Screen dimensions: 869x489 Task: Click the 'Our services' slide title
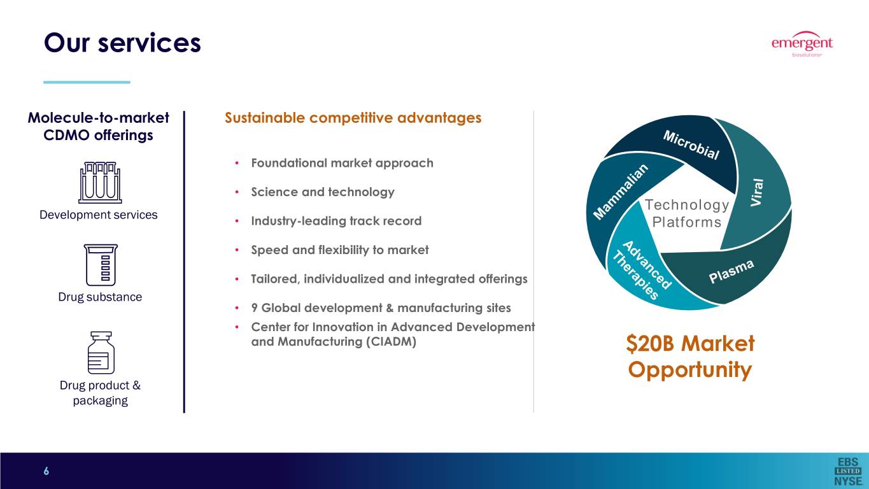click(x=122, y=43)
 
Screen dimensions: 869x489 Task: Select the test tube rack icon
click(x=100, y=182)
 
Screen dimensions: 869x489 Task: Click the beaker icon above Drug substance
click(x=101, y=265)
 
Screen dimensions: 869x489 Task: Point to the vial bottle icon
click(x=101, y=352)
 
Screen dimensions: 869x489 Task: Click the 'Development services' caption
click(x=99, y=215)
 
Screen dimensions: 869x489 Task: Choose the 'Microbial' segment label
click(x=691, y=145)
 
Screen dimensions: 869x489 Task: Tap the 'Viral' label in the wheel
click(x=757, y=192)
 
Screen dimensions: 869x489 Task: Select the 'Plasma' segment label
click(x=731, y=271)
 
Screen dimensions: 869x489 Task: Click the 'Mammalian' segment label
click(x=621, y=191)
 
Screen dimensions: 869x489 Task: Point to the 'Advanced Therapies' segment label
click(x=642, y=270)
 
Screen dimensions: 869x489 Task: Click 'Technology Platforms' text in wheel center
click(x=687, y=213)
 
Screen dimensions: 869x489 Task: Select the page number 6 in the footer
click(x=46, y=471)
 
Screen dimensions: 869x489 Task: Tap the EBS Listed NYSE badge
click(x=848, y=471)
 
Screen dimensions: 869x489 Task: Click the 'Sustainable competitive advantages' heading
click(x=353, y=118)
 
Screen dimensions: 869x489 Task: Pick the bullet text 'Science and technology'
click(x=323, y=192)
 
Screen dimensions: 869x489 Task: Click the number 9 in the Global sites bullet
click(x=255, y=308)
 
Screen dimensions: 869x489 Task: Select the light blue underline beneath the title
click(x=87, y=82)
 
